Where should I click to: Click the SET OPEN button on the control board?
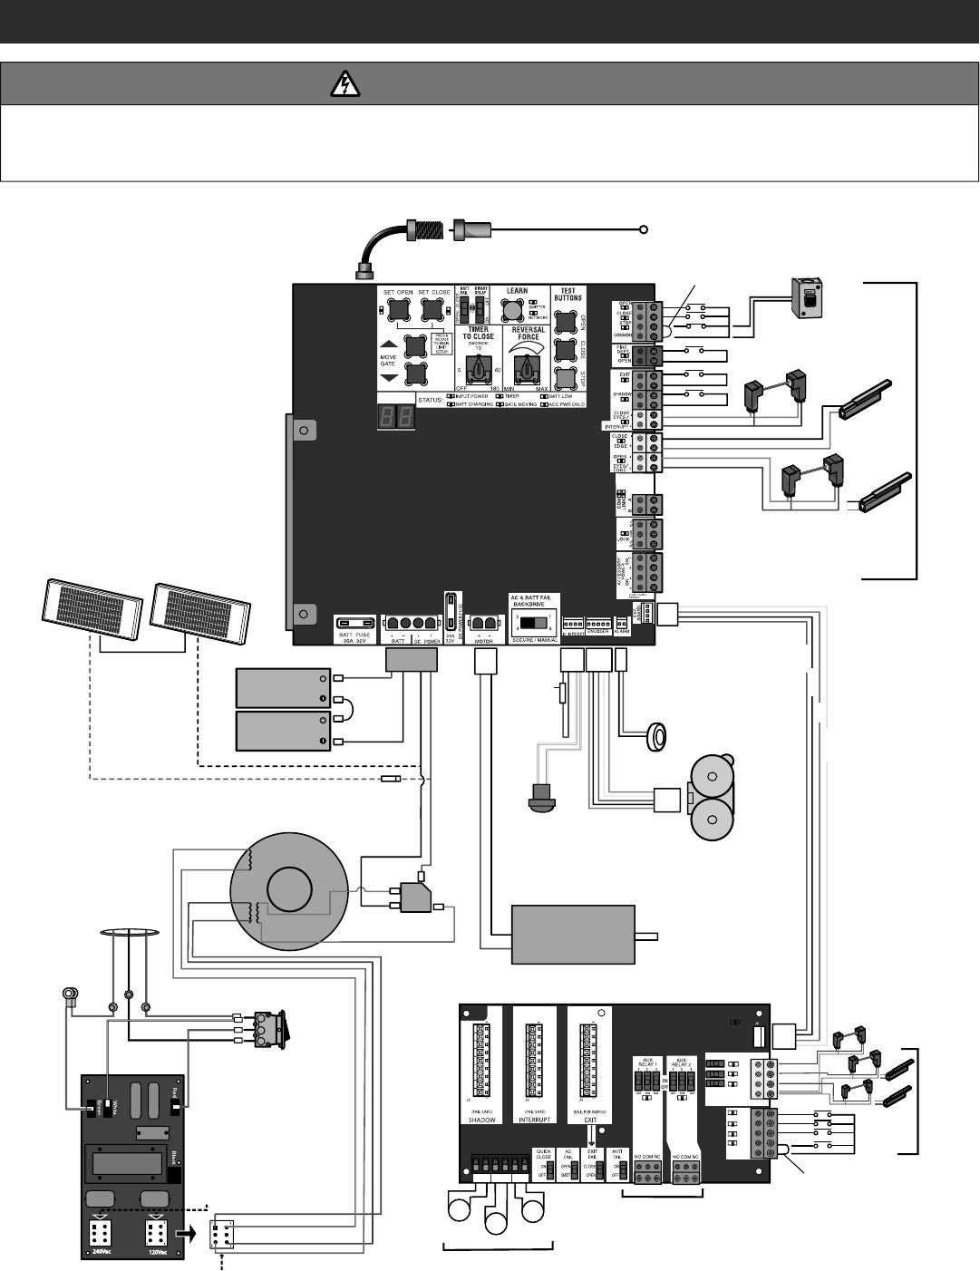[398, 311]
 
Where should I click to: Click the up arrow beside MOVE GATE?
[387, 344]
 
